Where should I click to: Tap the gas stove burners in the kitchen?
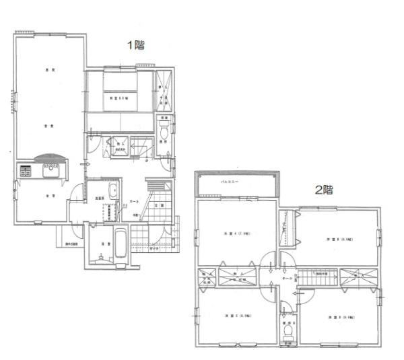[x=24, y=171]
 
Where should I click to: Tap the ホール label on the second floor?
[x=288, y=277]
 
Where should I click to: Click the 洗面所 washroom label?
[x=99, y=197]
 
